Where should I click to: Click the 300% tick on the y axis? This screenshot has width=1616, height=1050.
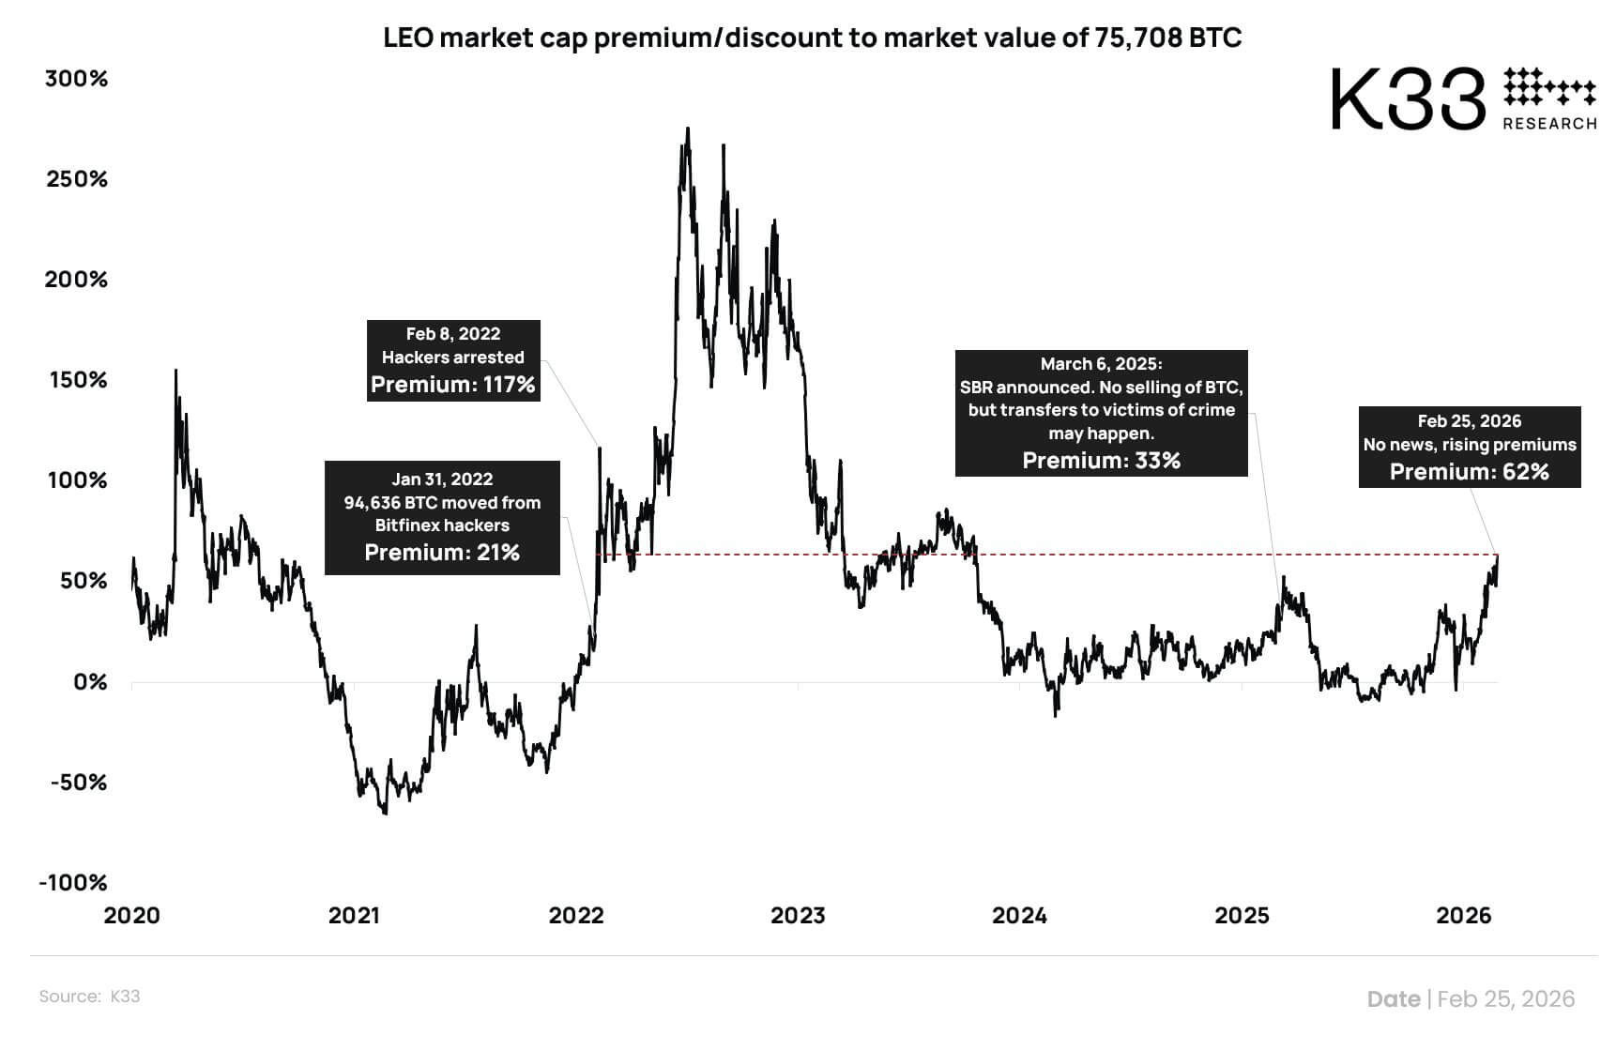click(76, 79)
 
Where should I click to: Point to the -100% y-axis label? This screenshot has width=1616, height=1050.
click(73, 883)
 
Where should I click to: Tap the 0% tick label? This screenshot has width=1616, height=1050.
click(90, 682)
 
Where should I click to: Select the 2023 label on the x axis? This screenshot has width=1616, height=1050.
click(798, 916)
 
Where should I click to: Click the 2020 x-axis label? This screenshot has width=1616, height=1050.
click(131, 916)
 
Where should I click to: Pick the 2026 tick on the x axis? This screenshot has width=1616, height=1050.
click(1463, 916)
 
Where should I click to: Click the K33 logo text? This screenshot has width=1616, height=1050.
click(1409, 99)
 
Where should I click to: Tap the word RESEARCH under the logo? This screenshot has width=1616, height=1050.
click(1549, 124)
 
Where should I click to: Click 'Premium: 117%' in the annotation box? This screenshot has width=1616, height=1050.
click(452, 385)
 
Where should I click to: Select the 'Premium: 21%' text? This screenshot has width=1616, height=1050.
click(442, 553)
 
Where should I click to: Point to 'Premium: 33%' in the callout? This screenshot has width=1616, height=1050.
click(1101, 461)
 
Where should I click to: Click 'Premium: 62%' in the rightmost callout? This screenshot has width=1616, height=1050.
click(1469, 472)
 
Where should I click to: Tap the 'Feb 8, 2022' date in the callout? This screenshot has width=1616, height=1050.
click(452, 334)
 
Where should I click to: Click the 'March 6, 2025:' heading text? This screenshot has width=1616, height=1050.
click(1101, 364)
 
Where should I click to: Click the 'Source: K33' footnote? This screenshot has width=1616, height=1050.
click(89, 997)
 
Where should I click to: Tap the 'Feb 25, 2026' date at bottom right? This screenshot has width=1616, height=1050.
click(1505, 999)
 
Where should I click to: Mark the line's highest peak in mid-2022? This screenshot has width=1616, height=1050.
click(688, 129)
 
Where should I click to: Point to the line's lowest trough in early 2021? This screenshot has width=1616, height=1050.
click(385, 814)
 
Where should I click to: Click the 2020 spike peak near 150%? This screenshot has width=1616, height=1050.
click(175, 371)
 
